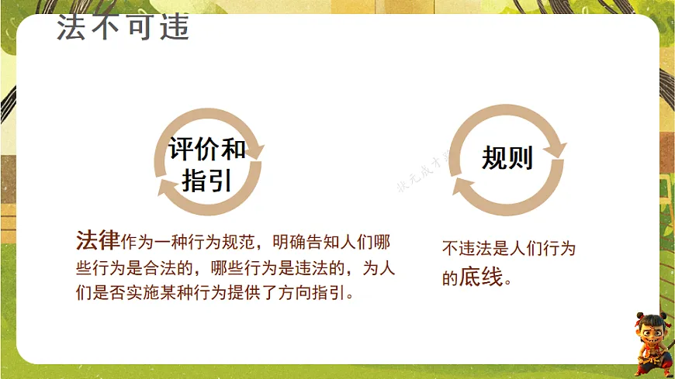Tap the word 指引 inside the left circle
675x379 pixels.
[x=207, y=181]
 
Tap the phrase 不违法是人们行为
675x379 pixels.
[x=509, y=249]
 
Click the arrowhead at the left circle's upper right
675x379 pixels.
[x=254, y=148]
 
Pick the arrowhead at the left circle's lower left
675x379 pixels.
[x=165, y=188]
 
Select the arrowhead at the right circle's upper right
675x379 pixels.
[x=556, y=148]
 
